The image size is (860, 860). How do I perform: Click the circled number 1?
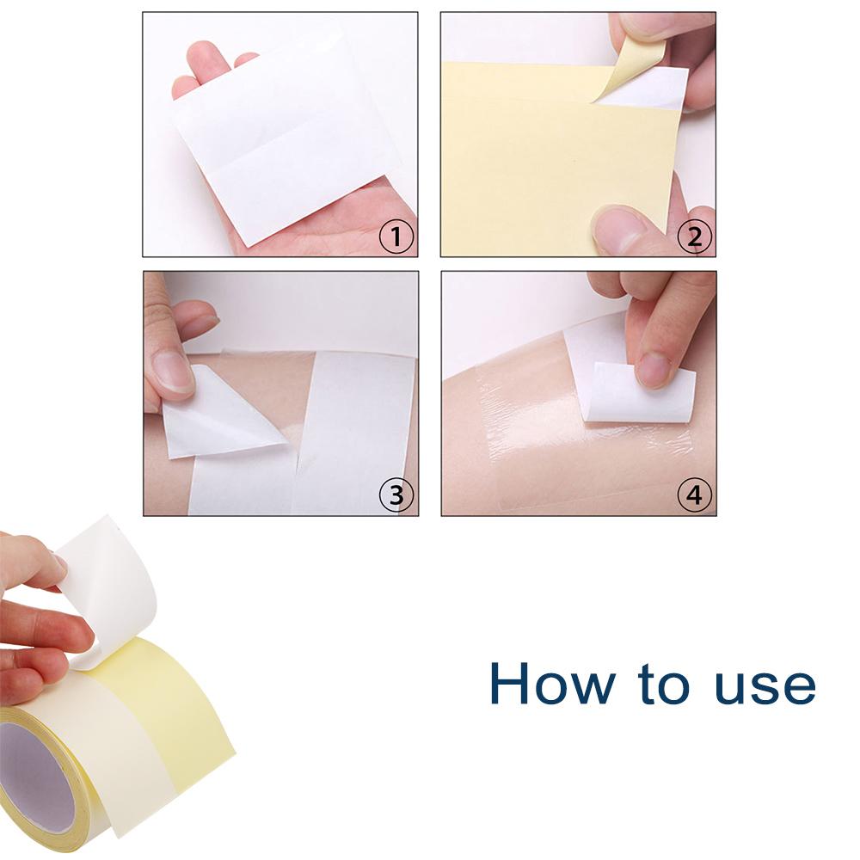click(396, 235)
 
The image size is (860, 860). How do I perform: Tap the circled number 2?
click(695, 235)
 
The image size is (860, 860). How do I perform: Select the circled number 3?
click(396, 494)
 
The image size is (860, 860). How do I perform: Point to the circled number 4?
click(695, 494)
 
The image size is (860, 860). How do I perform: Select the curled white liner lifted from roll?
click(112, 585)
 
